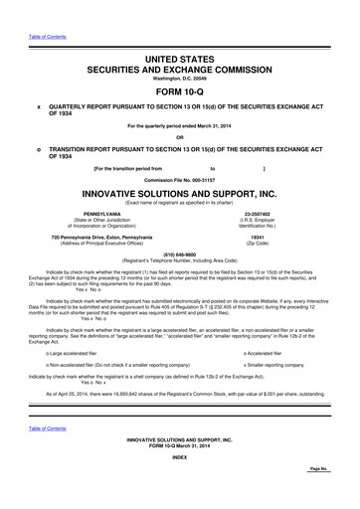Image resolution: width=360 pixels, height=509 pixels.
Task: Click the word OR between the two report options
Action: click(179, 137)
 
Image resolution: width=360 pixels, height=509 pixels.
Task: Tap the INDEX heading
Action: click(179, 484)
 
